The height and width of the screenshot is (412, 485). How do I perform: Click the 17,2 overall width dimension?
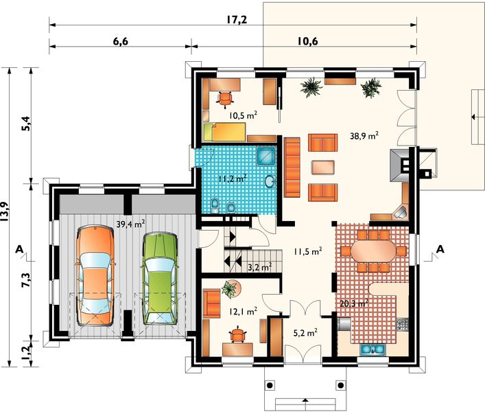237,20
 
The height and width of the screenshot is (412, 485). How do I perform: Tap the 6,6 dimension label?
121,41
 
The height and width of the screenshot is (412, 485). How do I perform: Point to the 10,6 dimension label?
308,41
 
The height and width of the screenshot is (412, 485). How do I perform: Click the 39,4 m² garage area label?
130,224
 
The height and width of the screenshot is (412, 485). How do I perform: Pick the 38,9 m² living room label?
364,135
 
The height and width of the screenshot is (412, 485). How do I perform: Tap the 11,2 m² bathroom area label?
233,179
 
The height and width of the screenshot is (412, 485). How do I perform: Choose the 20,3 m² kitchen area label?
354,303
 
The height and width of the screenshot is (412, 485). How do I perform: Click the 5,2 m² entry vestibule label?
305,333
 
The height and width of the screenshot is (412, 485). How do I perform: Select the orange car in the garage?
95,275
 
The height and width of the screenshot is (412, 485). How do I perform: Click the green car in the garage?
161,278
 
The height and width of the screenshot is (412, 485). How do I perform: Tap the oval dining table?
373,251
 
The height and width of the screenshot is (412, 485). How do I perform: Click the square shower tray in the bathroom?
265,155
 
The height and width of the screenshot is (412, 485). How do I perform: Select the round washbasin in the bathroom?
270,181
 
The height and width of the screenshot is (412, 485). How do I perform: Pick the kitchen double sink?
372,349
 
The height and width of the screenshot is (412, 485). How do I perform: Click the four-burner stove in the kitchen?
402,324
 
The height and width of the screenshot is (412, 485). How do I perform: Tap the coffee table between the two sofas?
323,168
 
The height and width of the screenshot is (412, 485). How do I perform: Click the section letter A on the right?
440,249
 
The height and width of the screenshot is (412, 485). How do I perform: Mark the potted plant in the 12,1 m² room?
230,289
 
